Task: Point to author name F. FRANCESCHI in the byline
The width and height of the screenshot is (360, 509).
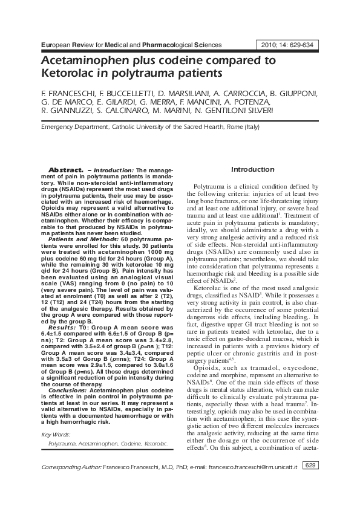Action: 65,95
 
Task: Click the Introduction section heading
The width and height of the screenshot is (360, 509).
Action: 252,169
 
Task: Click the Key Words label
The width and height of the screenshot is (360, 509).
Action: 55,435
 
